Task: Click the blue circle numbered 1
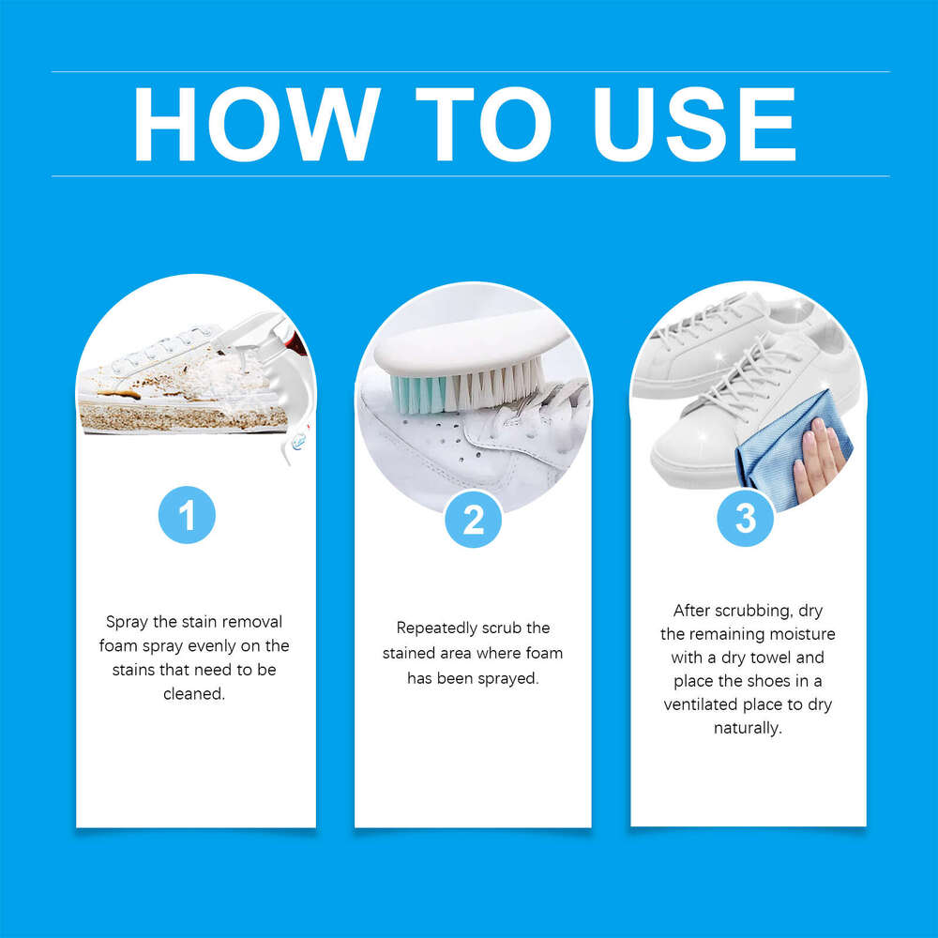[x=188, y=514]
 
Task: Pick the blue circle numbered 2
[x=473, y=519]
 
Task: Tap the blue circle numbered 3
[x=746, y=518]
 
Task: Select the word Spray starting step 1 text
[x=127, y=622]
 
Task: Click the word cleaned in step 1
[x=193, y=695]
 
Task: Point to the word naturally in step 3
[x=747, y=728]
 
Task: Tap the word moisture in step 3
[x=800, y=634]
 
